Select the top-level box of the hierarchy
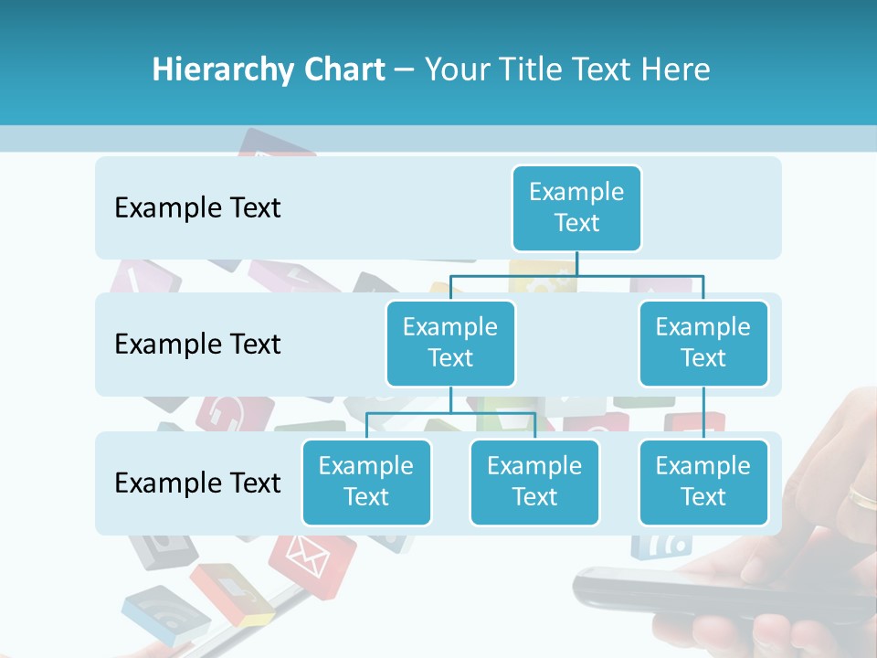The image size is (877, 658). point(576,207)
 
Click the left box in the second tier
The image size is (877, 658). point(450,343)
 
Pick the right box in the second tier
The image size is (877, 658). point(703,343)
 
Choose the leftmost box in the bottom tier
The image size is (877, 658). point(366,482)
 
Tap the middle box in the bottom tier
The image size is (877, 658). point(534,482)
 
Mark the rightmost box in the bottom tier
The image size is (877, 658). point(703,482)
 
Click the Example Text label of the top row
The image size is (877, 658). point(197,208)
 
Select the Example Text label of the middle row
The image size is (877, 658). point(197,345)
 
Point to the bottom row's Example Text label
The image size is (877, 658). point(197,483)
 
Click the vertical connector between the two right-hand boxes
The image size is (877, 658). point(703,412)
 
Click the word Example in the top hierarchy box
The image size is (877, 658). point(576,192)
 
